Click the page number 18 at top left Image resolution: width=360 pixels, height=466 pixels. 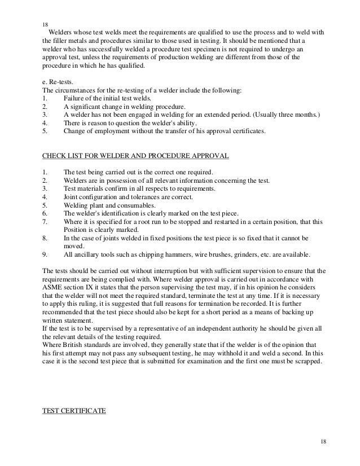(46, 25)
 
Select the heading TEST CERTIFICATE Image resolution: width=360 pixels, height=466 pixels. (74, 411)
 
